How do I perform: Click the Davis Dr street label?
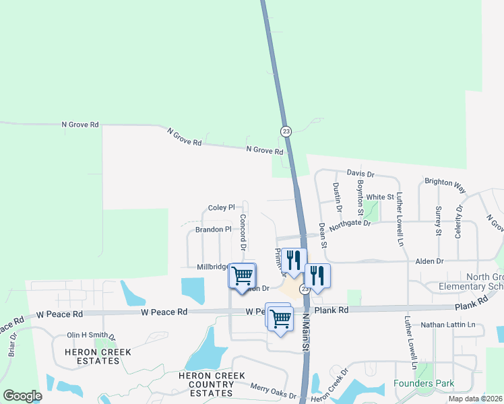coord(360,174)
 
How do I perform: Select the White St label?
coord(380,197)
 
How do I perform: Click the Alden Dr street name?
coord(429,261)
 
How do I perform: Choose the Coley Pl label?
coord(221,208)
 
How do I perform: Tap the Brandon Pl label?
coord(213,230)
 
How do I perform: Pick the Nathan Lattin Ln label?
coord(447,325)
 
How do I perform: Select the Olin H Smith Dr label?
coord(91,335)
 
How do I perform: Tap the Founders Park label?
coord(424,384)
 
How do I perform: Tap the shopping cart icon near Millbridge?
coord(242,275)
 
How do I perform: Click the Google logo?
coord(22,396)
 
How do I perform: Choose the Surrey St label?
coord(438,221)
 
